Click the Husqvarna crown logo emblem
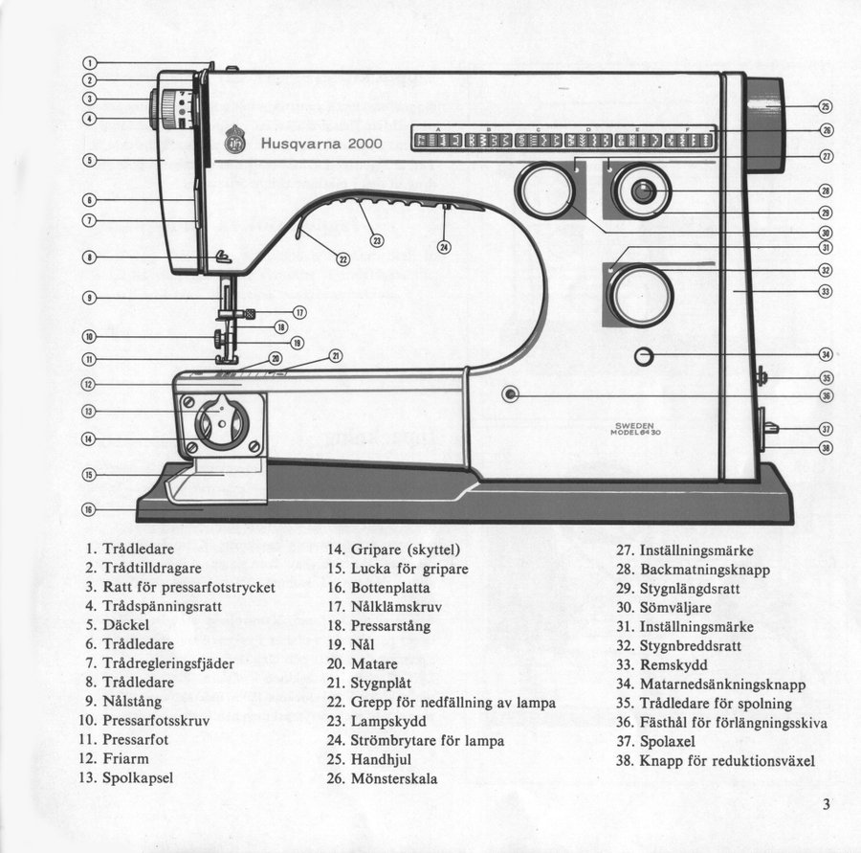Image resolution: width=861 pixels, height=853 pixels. (x=234, y=141)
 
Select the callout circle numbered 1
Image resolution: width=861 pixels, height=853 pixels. (x=89, y=63)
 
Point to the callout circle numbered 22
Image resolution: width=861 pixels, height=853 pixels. (x=343, y=258)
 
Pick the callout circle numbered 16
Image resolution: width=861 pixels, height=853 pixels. (x=89, y=509)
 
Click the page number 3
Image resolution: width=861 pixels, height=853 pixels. (x=826, y=804)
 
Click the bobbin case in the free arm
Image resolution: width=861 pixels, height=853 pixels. (x=221, y=424)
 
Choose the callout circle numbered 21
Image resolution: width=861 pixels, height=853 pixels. (x=336, y=355)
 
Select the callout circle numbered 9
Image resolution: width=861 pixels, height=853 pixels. (x=89, y=297)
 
